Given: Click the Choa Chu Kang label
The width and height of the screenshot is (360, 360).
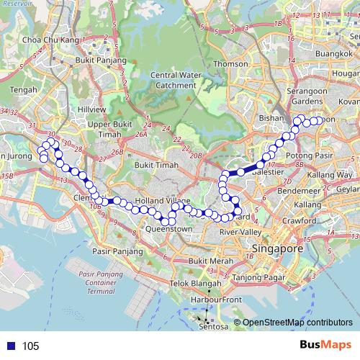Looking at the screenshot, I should pyautogui.click(x=50, y=40).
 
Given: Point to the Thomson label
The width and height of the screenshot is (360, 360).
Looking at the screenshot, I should pyautogui.click(x=230, y=63).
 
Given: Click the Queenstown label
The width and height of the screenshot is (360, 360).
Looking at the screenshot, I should pyautogui.click(x=168, y=229).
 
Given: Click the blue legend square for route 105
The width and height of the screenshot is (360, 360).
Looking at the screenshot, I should pyautogui.click(x=9, y=346).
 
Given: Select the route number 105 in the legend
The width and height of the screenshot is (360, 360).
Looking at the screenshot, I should pyautogui.click(x=31, y=346).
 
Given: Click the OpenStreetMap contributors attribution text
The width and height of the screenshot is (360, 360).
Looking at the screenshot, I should pyautogui.click(x=297, y=323).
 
